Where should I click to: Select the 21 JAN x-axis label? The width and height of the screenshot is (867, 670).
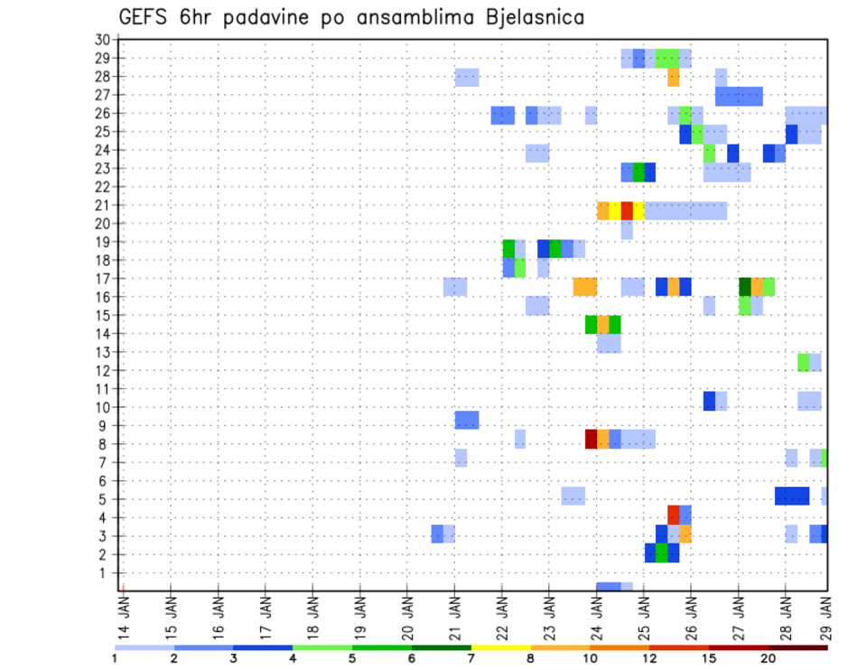pos(454,616)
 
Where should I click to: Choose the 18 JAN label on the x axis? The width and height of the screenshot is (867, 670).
pos(312,616)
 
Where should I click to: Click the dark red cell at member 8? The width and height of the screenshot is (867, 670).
pos(591,439)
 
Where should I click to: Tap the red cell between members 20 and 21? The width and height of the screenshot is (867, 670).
pos(627,210)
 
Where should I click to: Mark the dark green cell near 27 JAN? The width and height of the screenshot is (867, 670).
pos(744,286)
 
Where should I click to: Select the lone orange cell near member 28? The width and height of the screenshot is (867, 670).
pos(674,78)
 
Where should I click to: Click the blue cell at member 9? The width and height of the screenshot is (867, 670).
pos(467,420)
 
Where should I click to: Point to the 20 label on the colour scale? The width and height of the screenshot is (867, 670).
pos(769,658)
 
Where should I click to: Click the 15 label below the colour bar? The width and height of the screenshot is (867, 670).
pos(709,658)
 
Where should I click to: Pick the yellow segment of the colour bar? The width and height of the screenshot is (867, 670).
pos(501,647)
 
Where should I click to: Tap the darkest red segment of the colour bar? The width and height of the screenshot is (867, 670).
pos(797,647)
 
